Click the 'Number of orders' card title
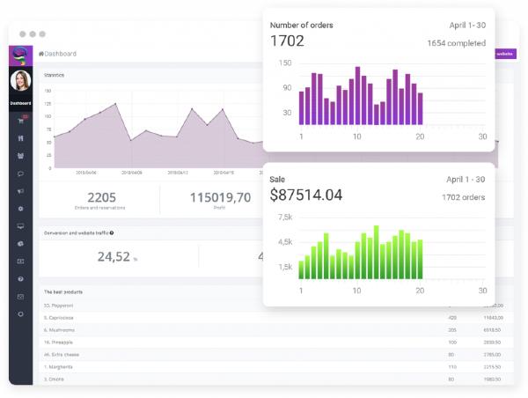[301, 25]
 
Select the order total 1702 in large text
[287, 41]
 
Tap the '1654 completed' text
[456, 42]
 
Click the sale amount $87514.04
[306, 195]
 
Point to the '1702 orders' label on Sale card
[463, 197]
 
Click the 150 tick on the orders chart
[285, 63]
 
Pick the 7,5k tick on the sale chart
[284, 217]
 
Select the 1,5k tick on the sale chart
[284, 267]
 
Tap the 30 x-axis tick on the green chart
[482, 291]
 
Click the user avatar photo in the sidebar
[20, 81]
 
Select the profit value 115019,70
[220, 197]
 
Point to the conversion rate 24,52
[114, 256]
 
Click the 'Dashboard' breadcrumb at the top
[60, 54]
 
